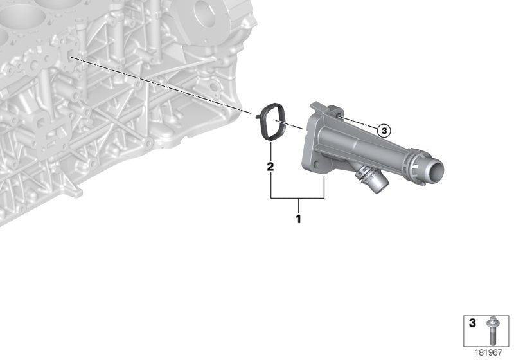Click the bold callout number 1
point(298,219)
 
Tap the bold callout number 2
point(270,166)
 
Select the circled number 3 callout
point(384,130)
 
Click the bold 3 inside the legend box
point(472,323)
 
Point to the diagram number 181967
point(488,352)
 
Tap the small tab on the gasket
point(258,116)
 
